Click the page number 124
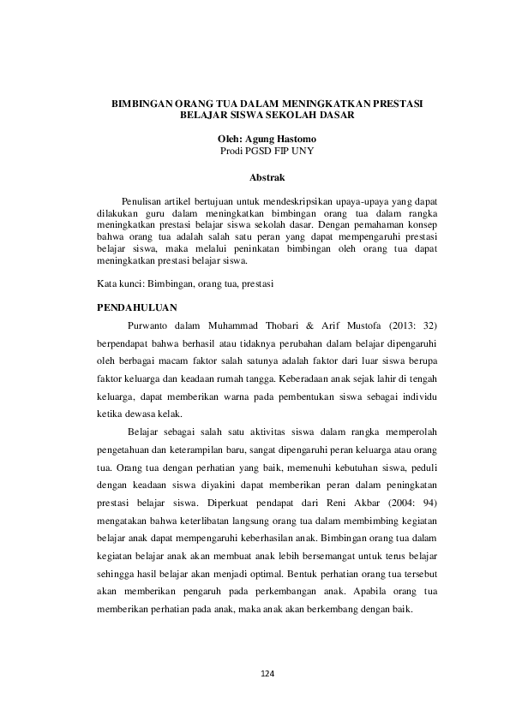coord(267,675)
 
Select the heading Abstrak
coord(267,176)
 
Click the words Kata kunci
coord(120,283)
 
